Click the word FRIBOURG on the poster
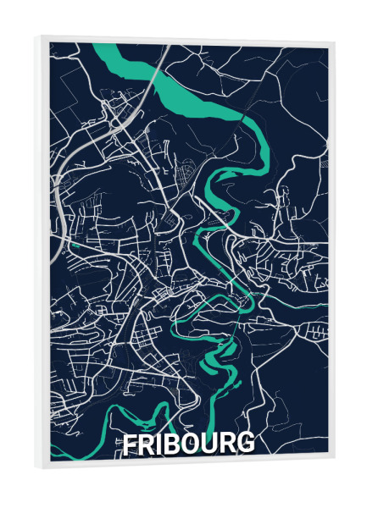tap(187, 444)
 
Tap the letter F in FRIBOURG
tap(130, 444)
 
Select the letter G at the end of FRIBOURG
tap(244, 443)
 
